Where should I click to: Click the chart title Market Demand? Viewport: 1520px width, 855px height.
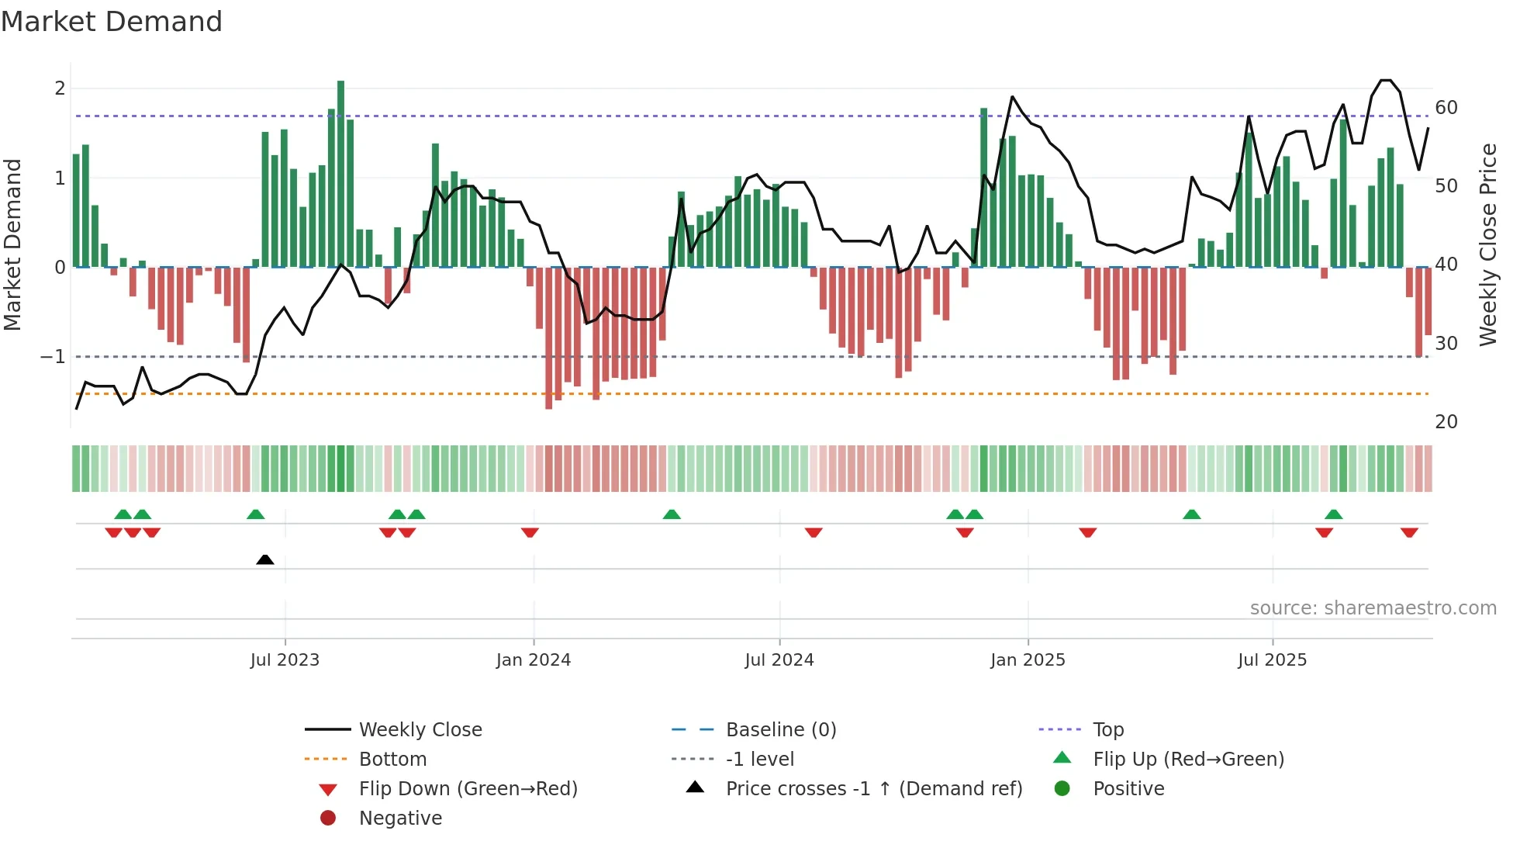(x=112, y=22)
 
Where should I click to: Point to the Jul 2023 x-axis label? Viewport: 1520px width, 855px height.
(x=285, y=660)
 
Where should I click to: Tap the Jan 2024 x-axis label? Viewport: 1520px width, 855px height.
(x=534, y=660)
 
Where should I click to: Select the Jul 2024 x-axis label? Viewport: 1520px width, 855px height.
(x=779, y=660)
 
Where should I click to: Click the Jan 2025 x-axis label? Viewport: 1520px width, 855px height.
(x=1028, y=660)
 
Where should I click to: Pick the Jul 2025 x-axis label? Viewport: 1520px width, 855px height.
(x=1272, y=660)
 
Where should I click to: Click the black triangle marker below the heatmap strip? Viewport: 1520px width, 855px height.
(x=265, y=559)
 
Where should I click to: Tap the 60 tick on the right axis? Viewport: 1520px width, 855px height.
(x=1446, y=108)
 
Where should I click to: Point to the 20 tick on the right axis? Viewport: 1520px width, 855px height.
(x=1446, y=422)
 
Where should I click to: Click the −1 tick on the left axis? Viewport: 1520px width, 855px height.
(x=53, y=357)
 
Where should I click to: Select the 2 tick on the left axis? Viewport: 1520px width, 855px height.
(x=60, y=88)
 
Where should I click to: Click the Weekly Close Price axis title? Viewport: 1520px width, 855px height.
(x=1487, y=244)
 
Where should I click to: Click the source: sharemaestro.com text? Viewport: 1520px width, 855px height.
(x=1373, y=608)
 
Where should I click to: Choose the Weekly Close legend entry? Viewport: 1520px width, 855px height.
(x=420, y=730)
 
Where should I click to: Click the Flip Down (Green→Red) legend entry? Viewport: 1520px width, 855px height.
(x=468, y=789)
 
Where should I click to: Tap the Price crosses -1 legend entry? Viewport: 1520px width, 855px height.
(x=873, y=789)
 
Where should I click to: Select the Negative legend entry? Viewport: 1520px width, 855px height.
(x=400, y=819)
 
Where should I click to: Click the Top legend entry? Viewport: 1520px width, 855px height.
(x=1108, y=730)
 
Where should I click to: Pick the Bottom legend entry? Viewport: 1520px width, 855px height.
(x=392, y=760)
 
